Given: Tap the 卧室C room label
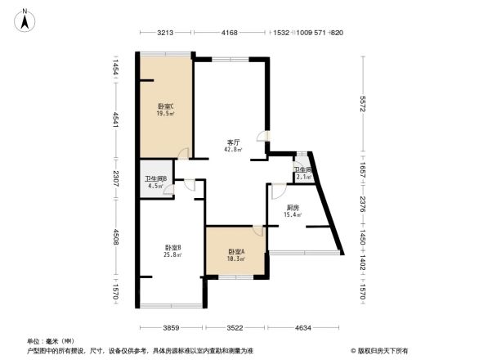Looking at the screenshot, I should [x=165, y=107].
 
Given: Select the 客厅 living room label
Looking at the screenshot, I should [x=233, y=142].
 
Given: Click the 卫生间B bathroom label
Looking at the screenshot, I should [x=155, y=178].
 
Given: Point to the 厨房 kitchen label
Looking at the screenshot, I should [x=292, y=207].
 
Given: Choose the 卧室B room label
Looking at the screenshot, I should [x=172, y=247].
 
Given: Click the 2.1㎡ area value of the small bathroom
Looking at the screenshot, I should [x=303, y=177].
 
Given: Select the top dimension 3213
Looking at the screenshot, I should [x=167, y=33].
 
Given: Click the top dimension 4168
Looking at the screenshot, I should [x=229, y=33].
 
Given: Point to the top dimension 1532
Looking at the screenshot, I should [x=282, y=33].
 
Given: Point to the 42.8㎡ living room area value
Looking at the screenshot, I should [x=234, y=150].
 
